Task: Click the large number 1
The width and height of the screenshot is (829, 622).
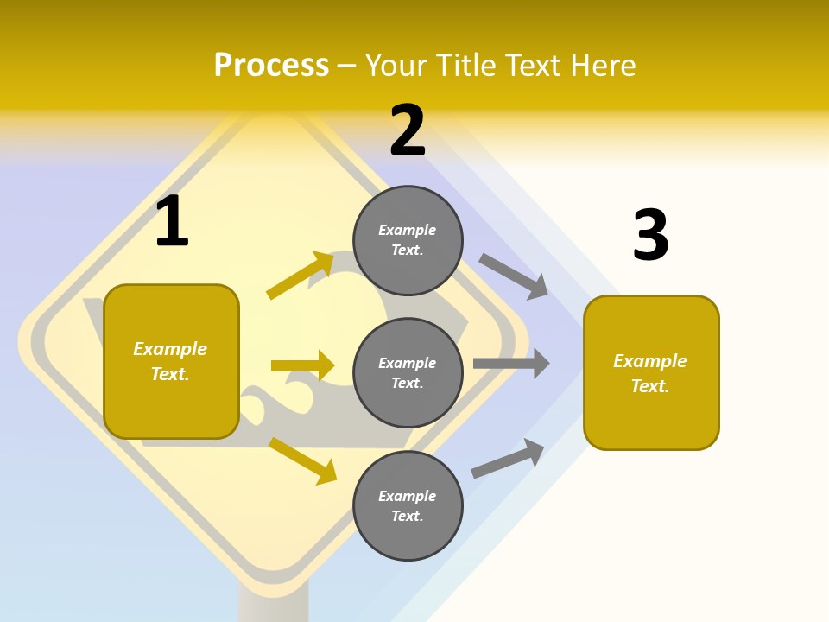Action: click(x=172, y=221)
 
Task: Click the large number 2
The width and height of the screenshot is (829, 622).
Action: click(x=408, y=130)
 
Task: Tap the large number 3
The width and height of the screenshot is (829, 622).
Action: click(x=650, y=235)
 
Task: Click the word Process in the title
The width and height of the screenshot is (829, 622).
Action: click(x=271, y=65)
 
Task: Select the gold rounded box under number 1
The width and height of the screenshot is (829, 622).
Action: click(x=171, y=361)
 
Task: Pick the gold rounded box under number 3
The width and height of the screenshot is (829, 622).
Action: click(x=651, y=373)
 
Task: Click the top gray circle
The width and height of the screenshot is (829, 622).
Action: click(x=408, y=240)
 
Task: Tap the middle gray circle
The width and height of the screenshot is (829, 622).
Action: click(x=408, y=372)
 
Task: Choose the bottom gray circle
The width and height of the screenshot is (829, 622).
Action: click(x=408, y=505)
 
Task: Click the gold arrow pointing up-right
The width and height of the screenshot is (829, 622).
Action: click(x=301, y=275)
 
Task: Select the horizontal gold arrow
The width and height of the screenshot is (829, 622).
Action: click(x=302, y=365)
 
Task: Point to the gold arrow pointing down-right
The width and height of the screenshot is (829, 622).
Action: click(x=303, y=460)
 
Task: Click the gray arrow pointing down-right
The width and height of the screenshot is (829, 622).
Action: click(x=514, y=276)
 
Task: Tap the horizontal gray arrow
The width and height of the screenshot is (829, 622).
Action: click(x=511, y=364)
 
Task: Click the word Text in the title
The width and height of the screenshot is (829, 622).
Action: click(x=529, y=65)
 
